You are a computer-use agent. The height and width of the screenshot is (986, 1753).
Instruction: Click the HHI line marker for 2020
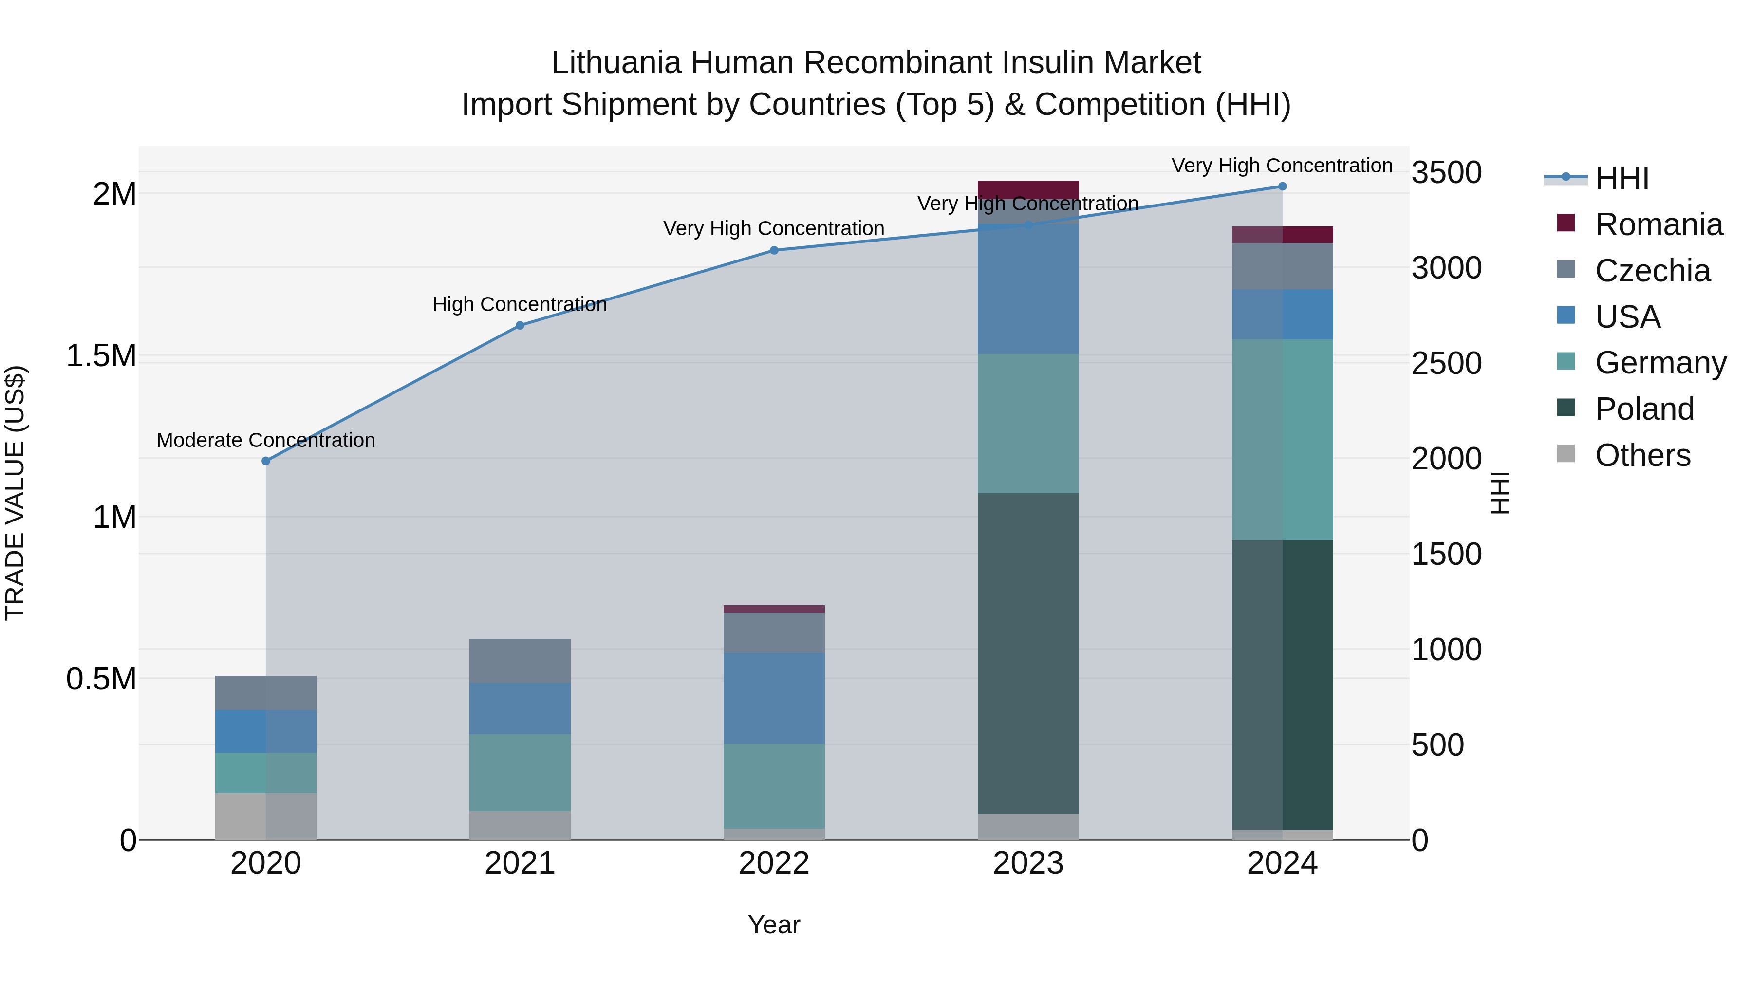[x=266, y=461]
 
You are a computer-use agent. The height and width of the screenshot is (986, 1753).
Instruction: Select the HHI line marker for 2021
[x=520, y=325]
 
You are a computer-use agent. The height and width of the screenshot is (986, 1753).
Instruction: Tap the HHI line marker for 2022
[x=774, y=250]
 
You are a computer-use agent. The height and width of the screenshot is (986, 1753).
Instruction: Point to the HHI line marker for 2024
[x=1282, y=186]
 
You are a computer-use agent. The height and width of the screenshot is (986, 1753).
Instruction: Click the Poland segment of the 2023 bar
[x=1028, y=653]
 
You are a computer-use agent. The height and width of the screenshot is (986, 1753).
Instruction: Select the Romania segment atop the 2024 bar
[x=1282, y=235]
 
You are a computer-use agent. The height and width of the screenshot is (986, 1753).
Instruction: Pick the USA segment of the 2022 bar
[x=774, y=698]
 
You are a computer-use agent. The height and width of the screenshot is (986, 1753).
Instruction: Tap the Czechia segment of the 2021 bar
[x=520, y=661]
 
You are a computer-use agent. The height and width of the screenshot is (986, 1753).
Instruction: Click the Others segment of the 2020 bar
[x=266, y=816]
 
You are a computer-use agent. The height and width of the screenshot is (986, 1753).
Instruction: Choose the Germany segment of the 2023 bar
[x=1028, y=423]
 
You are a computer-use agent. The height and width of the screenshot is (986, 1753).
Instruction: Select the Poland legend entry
[x=1644, y=409]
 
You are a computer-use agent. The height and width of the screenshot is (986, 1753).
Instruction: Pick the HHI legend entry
[x=1621, y=178]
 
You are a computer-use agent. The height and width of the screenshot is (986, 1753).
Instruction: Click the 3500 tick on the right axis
[x=1446, y=173]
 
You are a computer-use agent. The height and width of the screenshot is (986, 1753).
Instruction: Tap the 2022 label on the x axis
[x=774, y=863]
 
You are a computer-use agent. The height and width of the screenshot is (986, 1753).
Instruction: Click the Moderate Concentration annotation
[x=266, y=440]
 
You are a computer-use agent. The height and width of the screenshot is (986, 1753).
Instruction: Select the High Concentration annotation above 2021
[x=520, y=304]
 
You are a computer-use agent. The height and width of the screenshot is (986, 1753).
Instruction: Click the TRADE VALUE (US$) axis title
[x=15, y=493]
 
